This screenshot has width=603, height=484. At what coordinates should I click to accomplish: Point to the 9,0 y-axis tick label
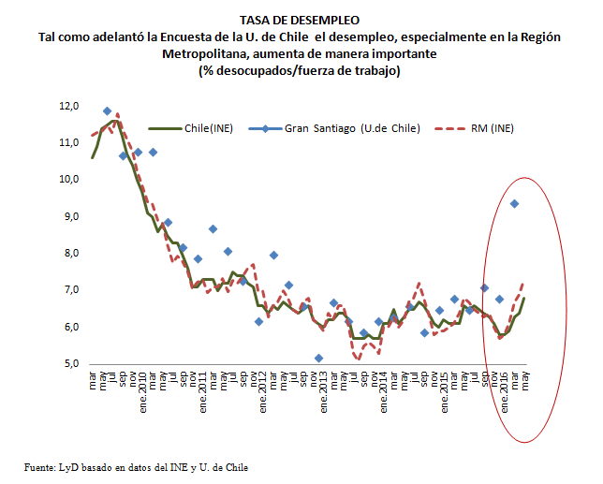(x=71, y=216)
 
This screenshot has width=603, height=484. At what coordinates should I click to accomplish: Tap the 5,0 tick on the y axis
(x=71, y=364)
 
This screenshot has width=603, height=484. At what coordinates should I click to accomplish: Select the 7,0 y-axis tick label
(x=71, y=290)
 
